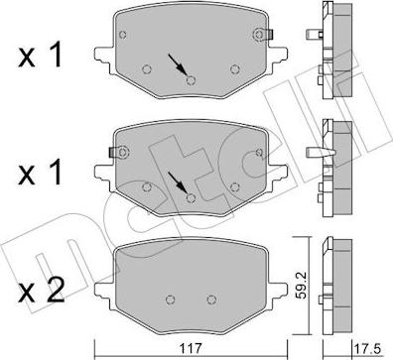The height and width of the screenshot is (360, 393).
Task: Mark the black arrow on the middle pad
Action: tap(176, 180)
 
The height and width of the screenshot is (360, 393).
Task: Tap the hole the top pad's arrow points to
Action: tap(190, 80)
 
